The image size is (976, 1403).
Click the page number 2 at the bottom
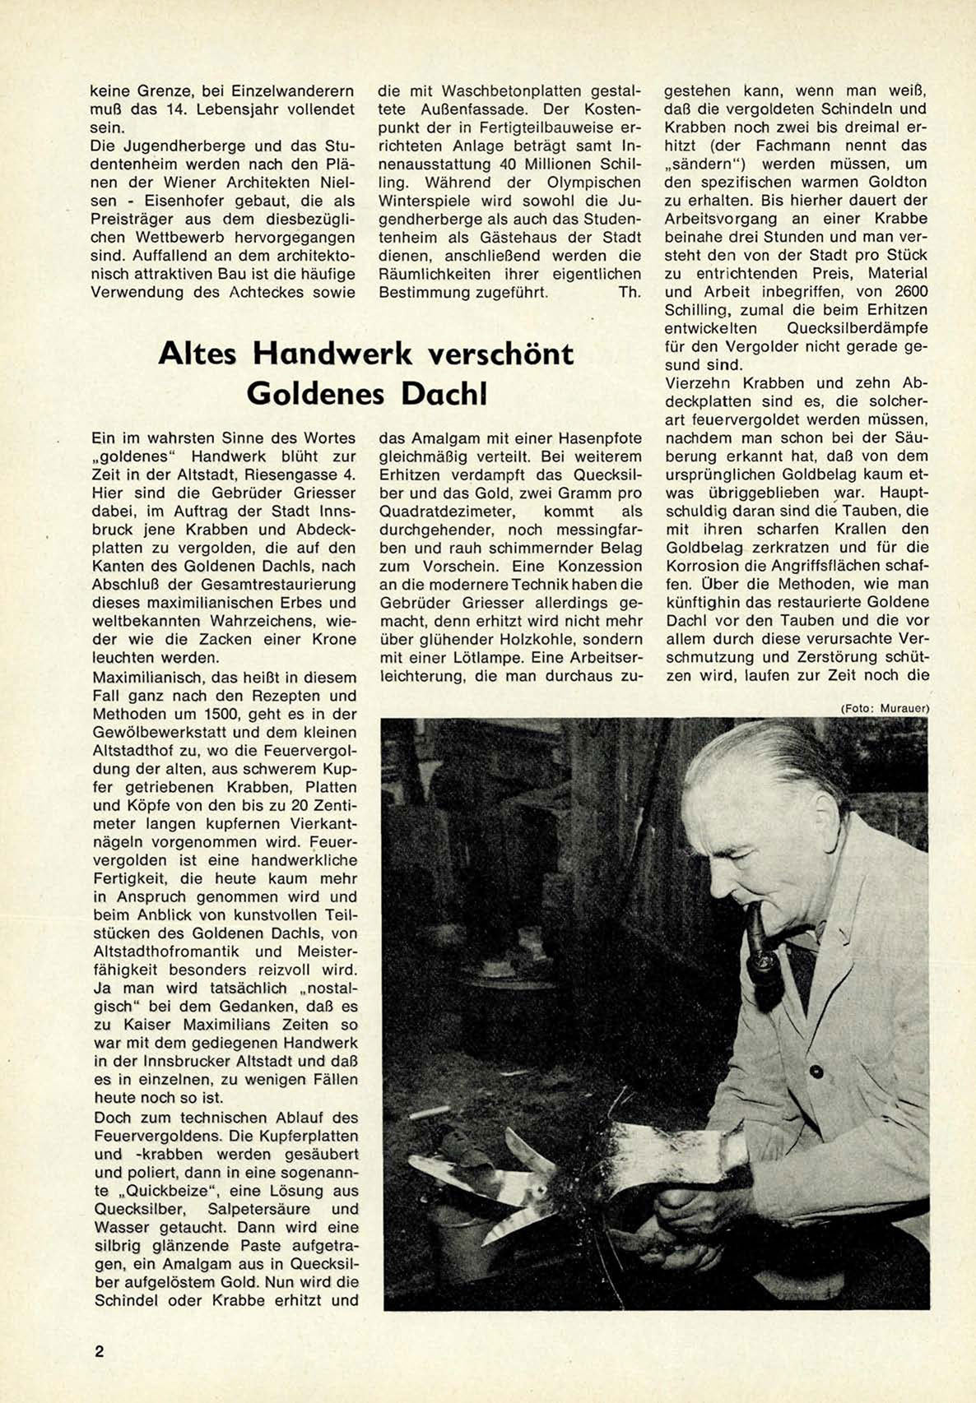(100, 1351)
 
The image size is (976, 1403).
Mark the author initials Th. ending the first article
(629, 292)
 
